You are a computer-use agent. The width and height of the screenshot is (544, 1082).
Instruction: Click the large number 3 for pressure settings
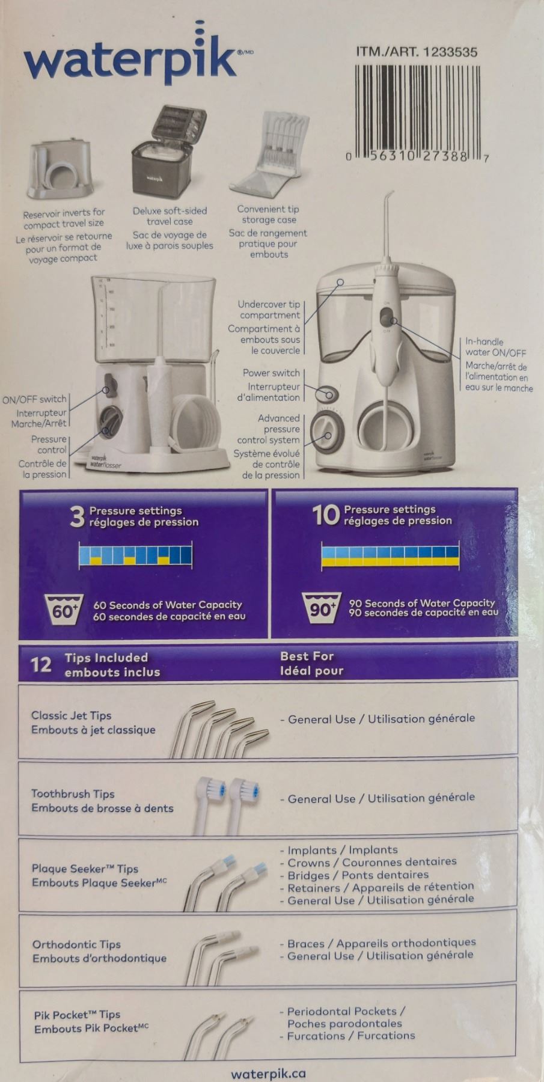coord(77,516)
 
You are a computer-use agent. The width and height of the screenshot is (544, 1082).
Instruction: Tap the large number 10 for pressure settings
coord(326,515)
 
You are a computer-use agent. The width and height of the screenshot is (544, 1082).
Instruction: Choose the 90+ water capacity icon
coord(321,608)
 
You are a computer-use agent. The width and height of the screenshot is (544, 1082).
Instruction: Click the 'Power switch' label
coord(270,373)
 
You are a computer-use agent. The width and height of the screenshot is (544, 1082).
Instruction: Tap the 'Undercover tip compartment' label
coord(269,310)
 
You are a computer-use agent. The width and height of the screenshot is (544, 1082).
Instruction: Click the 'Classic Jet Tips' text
coord(71,715)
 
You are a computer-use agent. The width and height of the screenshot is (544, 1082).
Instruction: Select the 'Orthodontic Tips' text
coord(76,944)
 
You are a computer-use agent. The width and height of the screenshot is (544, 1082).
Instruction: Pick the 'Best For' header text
coord(307,656)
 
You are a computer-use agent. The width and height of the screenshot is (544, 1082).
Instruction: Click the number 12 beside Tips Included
coord(41,664)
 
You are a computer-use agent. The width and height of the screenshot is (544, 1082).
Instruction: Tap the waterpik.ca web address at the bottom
coord(268,1074)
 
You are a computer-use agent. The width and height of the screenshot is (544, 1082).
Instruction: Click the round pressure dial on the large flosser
coord(327,432)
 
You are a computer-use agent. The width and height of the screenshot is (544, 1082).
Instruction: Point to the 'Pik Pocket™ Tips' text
coord(77,1015)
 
